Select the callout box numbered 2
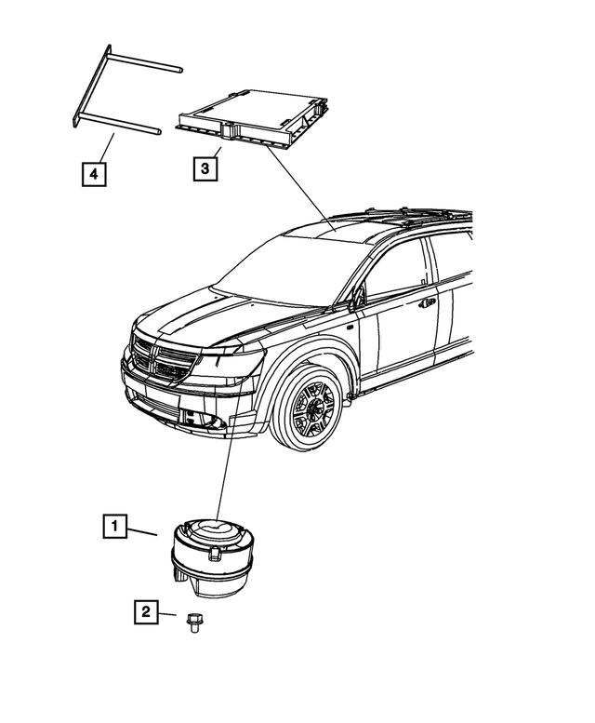[145, 611]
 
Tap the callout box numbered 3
[206, 168]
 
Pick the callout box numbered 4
[93, 172]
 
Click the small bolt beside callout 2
[195, 621]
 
